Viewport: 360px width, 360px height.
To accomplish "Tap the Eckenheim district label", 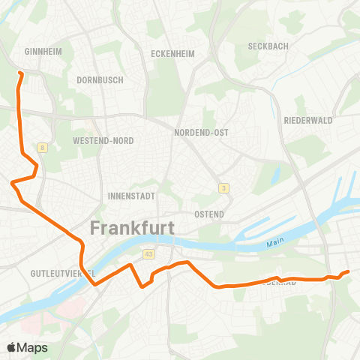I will click(x=173, y=54).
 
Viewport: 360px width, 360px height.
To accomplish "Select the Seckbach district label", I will click(x=269, y=46).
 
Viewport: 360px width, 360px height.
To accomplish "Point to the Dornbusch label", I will click(x=99, y=79).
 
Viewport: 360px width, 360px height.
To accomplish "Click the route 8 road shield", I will click(x=43, y=148).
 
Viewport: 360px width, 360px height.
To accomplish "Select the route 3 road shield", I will click(x=223, y=187).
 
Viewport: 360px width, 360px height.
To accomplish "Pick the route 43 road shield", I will click(x=149, y=254).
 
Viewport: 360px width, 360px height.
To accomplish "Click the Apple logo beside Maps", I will click(x=12, y=347).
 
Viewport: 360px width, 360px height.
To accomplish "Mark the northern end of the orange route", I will click(x=20, y=73).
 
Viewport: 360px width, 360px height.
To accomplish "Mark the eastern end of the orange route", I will click(x=349, y=271).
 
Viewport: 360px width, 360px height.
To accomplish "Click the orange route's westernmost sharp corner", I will click(x=12, y=182).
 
